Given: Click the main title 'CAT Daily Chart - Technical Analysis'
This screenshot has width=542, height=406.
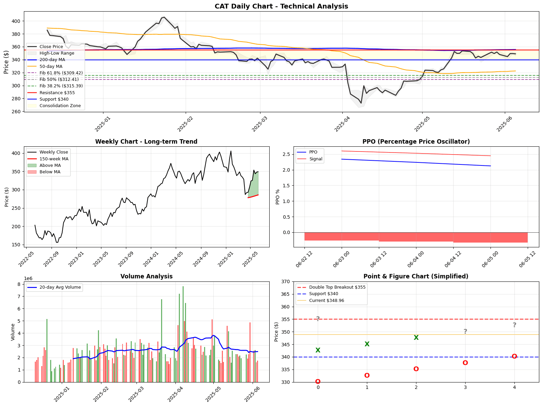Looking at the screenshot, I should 281,6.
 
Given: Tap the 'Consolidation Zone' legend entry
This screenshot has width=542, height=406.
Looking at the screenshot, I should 60,106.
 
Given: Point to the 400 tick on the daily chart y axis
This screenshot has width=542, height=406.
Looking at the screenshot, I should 16,21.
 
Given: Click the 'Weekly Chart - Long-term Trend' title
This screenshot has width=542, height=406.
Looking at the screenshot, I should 146,142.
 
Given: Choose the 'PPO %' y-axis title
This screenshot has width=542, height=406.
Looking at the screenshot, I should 277,197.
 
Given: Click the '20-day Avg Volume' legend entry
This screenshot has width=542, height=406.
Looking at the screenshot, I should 60,287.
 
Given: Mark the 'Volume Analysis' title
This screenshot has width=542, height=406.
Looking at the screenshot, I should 146,276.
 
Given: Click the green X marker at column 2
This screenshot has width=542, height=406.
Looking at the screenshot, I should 416,338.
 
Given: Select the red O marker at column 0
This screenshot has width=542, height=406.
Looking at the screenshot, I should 318,381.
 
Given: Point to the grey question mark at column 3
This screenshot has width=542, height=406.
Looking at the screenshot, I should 465,332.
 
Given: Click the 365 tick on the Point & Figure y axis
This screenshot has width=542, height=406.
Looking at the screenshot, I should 286,294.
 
